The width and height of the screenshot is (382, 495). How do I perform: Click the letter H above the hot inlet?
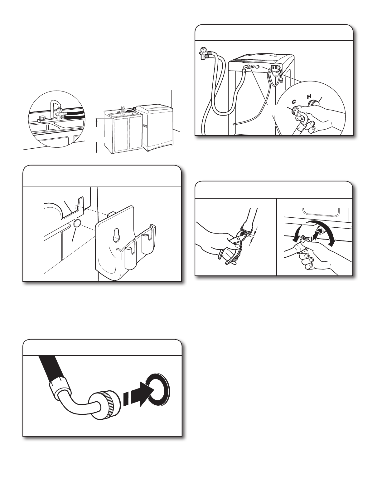pyautogui.click(x=309, y=97)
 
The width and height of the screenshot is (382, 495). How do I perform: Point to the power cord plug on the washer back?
pyautogui.click(x=281, y=79)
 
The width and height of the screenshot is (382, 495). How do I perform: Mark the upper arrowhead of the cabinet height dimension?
pyautogui.click(x=97, y=120)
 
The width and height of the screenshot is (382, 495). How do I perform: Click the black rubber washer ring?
pyautogui.click(x=157, y=390)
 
